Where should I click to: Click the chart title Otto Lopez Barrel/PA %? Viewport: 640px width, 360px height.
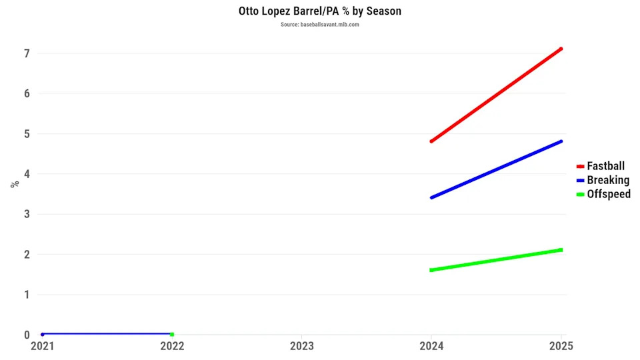pyautogui.click(x=320, y=11)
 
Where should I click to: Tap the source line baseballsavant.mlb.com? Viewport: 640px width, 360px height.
pyautogui.click(x=320, y=25)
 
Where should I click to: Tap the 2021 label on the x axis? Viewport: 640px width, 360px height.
pyautogui.click(x=43, y=346)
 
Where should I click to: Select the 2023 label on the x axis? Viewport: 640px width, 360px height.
pyautogui.click(x=302, y=346)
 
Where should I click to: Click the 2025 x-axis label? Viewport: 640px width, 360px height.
pyautogui.click(x=561, y=346)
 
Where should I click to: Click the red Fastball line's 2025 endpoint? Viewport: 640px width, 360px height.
pyautogui.click(x=561, y=49)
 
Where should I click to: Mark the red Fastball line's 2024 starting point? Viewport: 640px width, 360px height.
pyautogui.click(x=431, y=141)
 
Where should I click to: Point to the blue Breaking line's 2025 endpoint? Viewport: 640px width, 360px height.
pyautogui.click(x=561, y=141)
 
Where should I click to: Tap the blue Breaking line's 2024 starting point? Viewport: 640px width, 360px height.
pyautogui.click(x=431, y=197)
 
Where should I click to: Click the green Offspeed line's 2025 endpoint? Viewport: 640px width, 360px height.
pyautogui.click(x=561, y=250)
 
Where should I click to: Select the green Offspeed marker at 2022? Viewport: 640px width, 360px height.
pyautogui.click(x=172, y=334)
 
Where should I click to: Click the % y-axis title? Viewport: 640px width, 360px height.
pyautogui.click(x=14, y=184)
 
